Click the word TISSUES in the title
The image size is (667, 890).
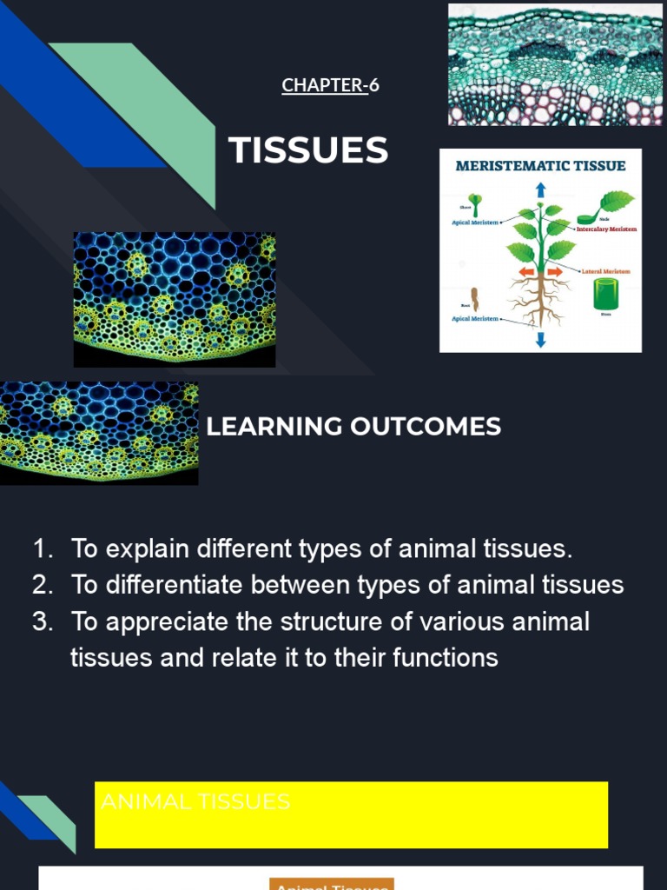click(x=308, y=151)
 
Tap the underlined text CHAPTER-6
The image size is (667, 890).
click(x=330, y=85)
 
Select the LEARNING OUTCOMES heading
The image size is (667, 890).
click(x=353, y=427)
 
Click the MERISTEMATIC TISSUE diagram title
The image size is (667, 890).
click(x=541, y=166)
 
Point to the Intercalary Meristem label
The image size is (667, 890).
click(x=606, y=229)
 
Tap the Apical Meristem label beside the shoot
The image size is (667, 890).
click(x=475, y=222)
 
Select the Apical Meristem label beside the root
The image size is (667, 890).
click(x=475, y=319)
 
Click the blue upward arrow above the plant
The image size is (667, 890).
click(x=540, y=190)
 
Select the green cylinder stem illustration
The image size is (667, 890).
click(x=605, y=296)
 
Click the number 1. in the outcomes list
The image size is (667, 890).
click(x=43, y=549)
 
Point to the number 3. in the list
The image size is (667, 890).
click(x=43, y=622)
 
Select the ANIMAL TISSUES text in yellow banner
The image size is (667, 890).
click(x=195, y=801)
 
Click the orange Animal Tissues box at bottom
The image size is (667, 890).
click(x=332, y=885)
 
